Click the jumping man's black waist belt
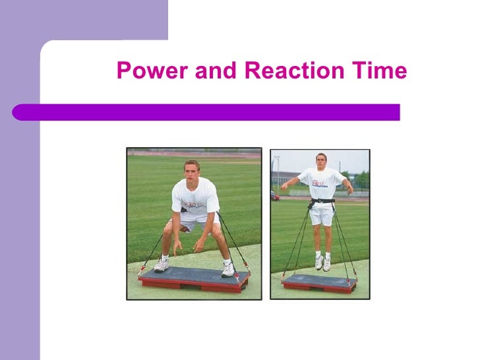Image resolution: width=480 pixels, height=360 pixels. [x=322, y=200]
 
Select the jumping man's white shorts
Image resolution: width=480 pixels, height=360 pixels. [x=322, y=215]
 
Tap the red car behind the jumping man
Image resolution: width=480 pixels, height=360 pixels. [x=275, y=196]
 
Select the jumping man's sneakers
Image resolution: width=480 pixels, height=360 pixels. [x=322, y=262]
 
